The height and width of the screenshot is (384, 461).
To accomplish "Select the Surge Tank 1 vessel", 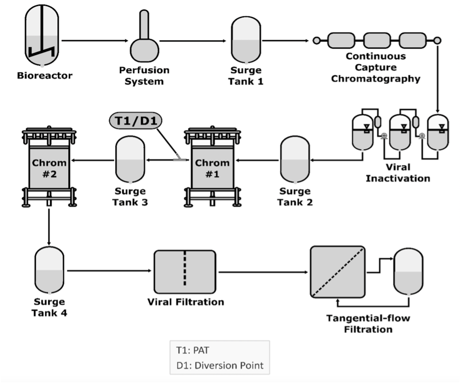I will tap(247, 39).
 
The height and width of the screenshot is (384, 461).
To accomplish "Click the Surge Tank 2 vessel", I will tap(295, 160).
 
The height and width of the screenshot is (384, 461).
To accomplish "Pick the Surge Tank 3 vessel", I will tap(131, 160).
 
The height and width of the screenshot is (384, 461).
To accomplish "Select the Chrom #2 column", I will tap(49, 168).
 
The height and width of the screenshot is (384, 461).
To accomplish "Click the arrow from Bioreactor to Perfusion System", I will tap(94, 40).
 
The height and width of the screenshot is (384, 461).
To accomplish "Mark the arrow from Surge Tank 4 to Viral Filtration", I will tap(109, 271).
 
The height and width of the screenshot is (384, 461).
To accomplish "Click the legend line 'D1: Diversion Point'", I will tap(219, 365).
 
